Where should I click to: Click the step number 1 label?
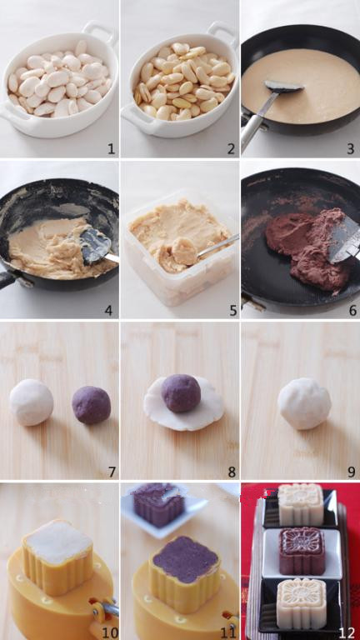111,149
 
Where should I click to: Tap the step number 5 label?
232,311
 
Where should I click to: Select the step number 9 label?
351,472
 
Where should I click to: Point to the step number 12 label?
347,632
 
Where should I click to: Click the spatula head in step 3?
283,86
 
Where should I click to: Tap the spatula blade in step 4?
95,245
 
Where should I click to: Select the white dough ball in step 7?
32,402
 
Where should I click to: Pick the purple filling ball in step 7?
92,405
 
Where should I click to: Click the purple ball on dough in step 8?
181,393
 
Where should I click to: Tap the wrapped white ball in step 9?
304,403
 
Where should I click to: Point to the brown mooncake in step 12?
302,551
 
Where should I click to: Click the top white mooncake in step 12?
301,504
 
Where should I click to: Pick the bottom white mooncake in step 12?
302,603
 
